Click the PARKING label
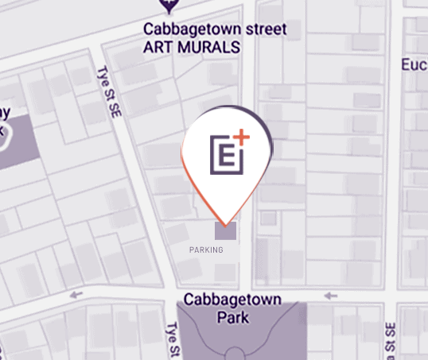[206, 250]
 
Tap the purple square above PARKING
[225, 231]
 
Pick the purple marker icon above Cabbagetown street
[168, 6]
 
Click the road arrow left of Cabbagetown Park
[76, 295]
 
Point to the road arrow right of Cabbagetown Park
[330, 296]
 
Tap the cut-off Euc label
[414, 64]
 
